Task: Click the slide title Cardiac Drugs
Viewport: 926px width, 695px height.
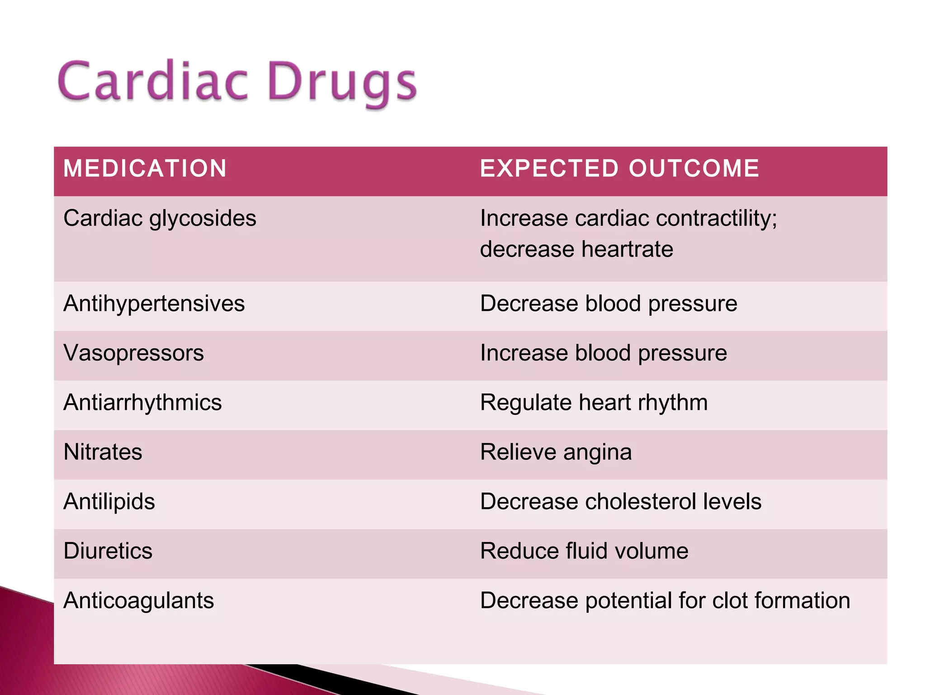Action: point(237,82)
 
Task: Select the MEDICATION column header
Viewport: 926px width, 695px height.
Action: point(145,168)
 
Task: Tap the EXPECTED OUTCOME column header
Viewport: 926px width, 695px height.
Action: point(619,168)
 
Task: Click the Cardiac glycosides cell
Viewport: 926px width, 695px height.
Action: point(160,219)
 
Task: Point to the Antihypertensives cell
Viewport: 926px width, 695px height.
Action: point(154,304)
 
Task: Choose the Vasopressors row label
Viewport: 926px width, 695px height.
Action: point(133,353)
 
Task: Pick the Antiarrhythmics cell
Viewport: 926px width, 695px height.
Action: point(142,403)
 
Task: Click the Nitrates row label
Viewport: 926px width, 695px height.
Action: point(103,452)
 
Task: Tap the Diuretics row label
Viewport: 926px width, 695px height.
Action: point(108,551)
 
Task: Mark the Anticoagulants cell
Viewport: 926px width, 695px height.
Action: point(138,601)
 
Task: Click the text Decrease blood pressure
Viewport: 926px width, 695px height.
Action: point(608,304)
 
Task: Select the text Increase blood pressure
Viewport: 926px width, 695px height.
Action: point(603,353)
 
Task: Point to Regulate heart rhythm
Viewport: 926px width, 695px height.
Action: point(594,403)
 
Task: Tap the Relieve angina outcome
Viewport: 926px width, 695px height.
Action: point(556,452)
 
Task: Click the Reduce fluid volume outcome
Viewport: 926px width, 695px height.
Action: point(584,551)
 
